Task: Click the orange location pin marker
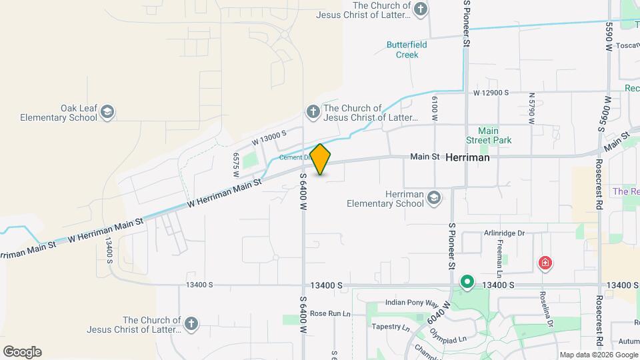pyautogui.click(x=321, y=159)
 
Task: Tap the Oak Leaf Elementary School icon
pyautogui.click(x=107, y=113)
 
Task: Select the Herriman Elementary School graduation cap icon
pyautogui.click(x=434, y=197)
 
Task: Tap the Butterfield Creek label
pyautogui.click(x=407, y=50)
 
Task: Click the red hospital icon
pyautogui.click(x=545, y=263)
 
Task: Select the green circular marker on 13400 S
pyautogui.click(x=467, y=283)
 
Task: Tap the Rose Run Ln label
pyautogui.click(x=330, y=313)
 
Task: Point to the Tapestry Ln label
pyautogui.click(x=391, y=327)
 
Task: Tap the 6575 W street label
pyautogui.click(x=236, y=163)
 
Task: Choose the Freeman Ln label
pyautogui.click(x=499, y=259)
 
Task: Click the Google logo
pyautogui.click(x=22, y=351)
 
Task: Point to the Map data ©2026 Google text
pyautogui.click(x=598, y=355)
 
